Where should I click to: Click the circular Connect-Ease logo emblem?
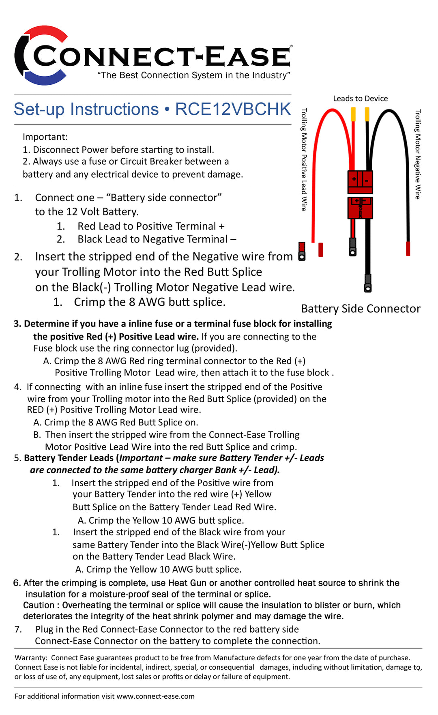pos(41,55)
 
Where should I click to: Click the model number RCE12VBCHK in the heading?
pos(233,110)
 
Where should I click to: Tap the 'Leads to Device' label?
pos(360,99)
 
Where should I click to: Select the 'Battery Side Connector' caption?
pos(361,309)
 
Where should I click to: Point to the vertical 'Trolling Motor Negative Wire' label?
pos(418,154)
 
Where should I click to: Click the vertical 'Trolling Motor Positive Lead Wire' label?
pos(304,159)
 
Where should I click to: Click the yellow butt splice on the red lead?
pos(353,114)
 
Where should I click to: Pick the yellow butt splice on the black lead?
pos(367,114)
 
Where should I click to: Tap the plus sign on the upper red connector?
pos(354,179)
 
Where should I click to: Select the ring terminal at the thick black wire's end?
pos(368,283)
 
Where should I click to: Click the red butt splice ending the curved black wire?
pos(408,248)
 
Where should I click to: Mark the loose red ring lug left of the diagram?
pos(302,251)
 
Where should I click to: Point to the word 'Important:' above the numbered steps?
pos(45,137)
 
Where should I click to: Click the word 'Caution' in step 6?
pos(39,605)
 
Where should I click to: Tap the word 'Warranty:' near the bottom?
pos(31,658)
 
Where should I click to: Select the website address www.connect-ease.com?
pos(155,696)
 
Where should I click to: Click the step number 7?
pos(18,629)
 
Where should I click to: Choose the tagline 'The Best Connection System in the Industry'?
pos(194,75)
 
